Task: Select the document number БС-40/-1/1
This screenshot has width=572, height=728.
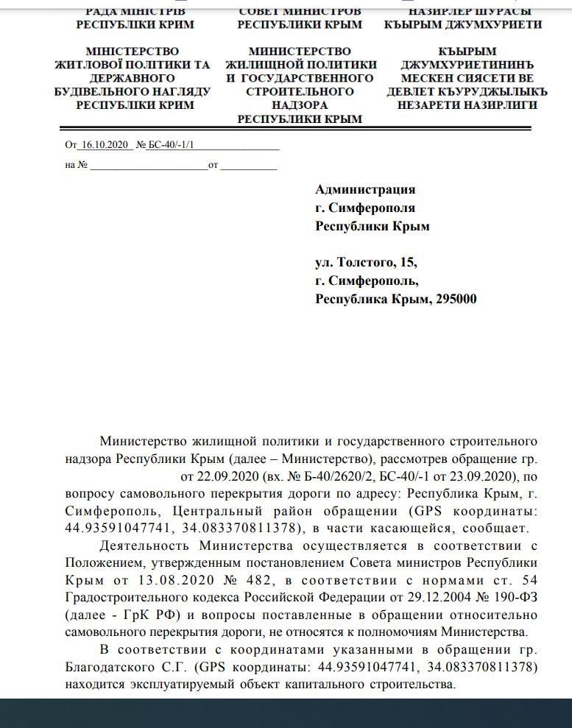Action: click(171, 145)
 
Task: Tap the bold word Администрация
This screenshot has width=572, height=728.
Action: click(365, 190)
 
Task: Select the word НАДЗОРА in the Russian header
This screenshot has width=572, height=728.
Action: click(300, 105)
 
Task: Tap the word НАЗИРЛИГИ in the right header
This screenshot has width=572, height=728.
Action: click(504, 105)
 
